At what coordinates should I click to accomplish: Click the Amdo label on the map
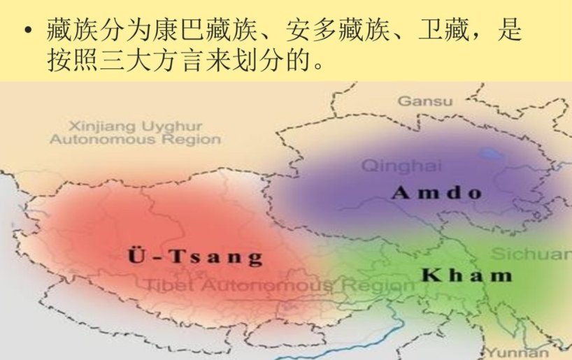tap(438, 192)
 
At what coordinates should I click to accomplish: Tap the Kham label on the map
tap(466, 275)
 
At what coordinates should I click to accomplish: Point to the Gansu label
tap(425, 101)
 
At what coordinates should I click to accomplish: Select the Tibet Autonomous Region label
tap(280, 286)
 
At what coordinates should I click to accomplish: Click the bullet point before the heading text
tap(27, 31)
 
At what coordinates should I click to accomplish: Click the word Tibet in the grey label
tap(165, 286)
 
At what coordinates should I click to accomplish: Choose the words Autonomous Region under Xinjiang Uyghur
tap(135, 139)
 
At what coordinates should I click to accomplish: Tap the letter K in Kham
tap(429, 275)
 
